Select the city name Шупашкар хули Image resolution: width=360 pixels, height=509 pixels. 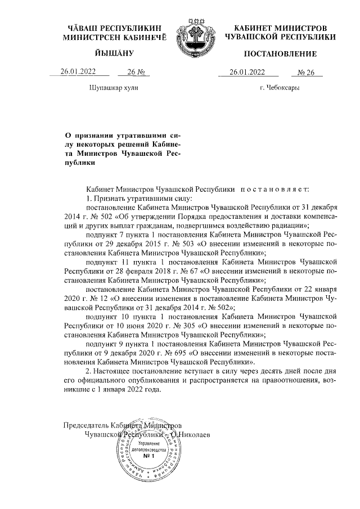point(114,88)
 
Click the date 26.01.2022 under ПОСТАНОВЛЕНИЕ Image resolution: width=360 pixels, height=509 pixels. point(247,72)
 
